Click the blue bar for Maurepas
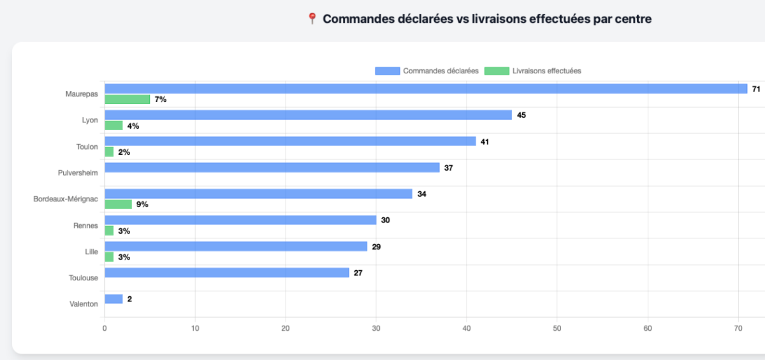426,89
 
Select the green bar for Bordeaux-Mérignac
118,205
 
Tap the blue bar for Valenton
113,299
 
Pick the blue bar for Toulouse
227,273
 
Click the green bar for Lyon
113,126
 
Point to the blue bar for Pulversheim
272,168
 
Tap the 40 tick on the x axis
467,329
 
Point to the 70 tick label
738,329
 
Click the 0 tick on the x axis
105,329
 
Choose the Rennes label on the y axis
86,225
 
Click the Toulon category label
87,147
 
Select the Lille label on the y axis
91,252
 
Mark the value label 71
756,89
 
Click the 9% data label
142,205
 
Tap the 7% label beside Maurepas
160,99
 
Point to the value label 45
521,115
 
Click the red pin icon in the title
312,19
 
